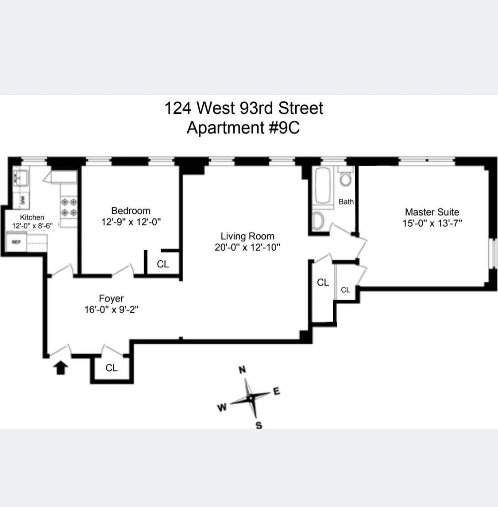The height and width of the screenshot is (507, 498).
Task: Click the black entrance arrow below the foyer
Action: pyautogui.click(x=61, y=368)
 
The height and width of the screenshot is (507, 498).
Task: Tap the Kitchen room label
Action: pyautogui.click(x=32, y=217)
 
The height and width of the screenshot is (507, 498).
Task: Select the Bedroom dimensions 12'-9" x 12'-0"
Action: pyautogui.click(x=131, y=221)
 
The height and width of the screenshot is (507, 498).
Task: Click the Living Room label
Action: pyautogui.click(x=247, y=236)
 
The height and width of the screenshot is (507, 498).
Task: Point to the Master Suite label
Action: pyautogui.click(x=432, y=212)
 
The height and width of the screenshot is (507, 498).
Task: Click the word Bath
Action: pyautogui.click(x=346, y=201)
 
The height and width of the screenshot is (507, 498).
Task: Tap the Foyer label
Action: pyautogui.click(x=111, y=298)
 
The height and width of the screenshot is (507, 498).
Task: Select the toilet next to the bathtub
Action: pyautogui.click(x=345, y=178)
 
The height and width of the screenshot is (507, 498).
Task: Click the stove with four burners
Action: pyautogui.click(x=69, y=207)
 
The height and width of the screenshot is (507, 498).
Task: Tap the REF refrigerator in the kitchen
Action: pyautogui.click(x=16, y=242)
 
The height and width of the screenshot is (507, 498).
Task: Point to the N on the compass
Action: pyautogui.click(x=242, y=370)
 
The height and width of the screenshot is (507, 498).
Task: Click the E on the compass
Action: pyautogui.click(x=277, y=391)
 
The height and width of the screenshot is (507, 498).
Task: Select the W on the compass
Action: pyautogui.click(x=222, y=407)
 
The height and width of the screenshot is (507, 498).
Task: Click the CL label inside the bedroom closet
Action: pyautogui.click(x=163, y=264)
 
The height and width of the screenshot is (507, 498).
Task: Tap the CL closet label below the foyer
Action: pyautogui.click(x=112, y=368)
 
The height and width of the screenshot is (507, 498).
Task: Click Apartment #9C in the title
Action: pyautogui.click(x=243, y=128)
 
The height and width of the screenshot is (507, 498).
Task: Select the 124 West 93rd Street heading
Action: pyautogui.click(x=243, y=108)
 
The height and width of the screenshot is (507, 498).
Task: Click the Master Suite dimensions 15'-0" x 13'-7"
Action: pyautogui.click(x=432, y=223)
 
